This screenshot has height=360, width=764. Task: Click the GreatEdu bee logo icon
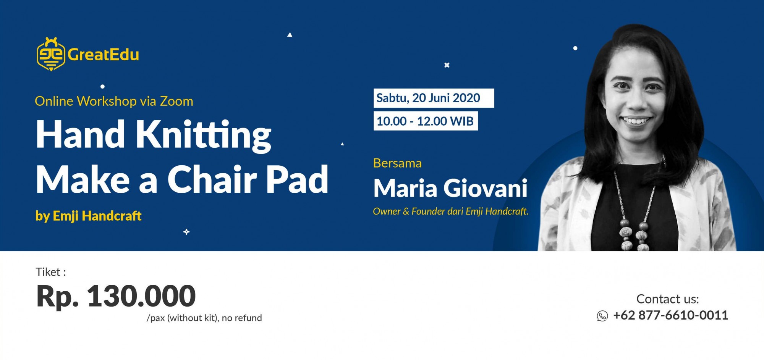pyautogui.click(x=51, y=54)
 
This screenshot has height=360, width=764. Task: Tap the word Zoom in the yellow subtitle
pyautogui.click(x=176, y=101)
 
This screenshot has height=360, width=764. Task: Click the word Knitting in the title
pyautogui.click(x=203, y=136)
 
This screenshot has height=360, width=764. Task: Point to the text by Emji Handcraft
pyautogui.click(x=89, y=216)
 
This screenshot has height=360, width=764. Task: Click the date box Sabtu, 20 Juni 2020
pyautogui.click(x=434, y=98)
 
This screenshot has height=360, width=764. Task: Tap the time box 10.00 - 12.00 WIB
pyautogui.click(x=426, y=121)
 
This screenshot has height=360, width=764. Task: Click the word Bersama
pyautogui.click(x=397, y=163)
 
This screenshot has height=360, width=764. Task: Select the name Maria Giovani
pyautogui.click(x=450, y=188)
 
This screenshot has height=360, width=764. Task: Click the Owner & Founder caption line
pyautogui.click(x=451, y=211)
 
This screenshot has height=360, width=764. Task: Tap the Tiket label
pyautogui.click(x=51, y=272)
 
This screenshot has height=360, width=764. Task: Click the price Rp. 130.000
pyautogui.click(x=116, y=296)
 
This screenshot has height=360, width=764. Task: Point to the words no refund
pyautogui.click(x=242, y=318)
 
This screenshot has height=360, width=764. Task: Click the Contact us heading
pyautogui.click(x=667, y=299)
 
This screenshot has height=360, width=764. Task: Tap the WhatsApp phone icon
pyautogui.click(x=602, y=316)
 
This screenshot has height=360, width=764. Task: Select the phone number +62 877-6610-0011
pyautogui.click(x=671, y=315)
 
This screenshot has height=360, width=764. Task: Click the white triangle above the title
pyautogui.click(x=290, y=35)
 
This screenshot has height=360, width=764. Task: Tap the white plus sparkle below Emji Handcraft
pyautogui.click(x=186, y=232)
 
